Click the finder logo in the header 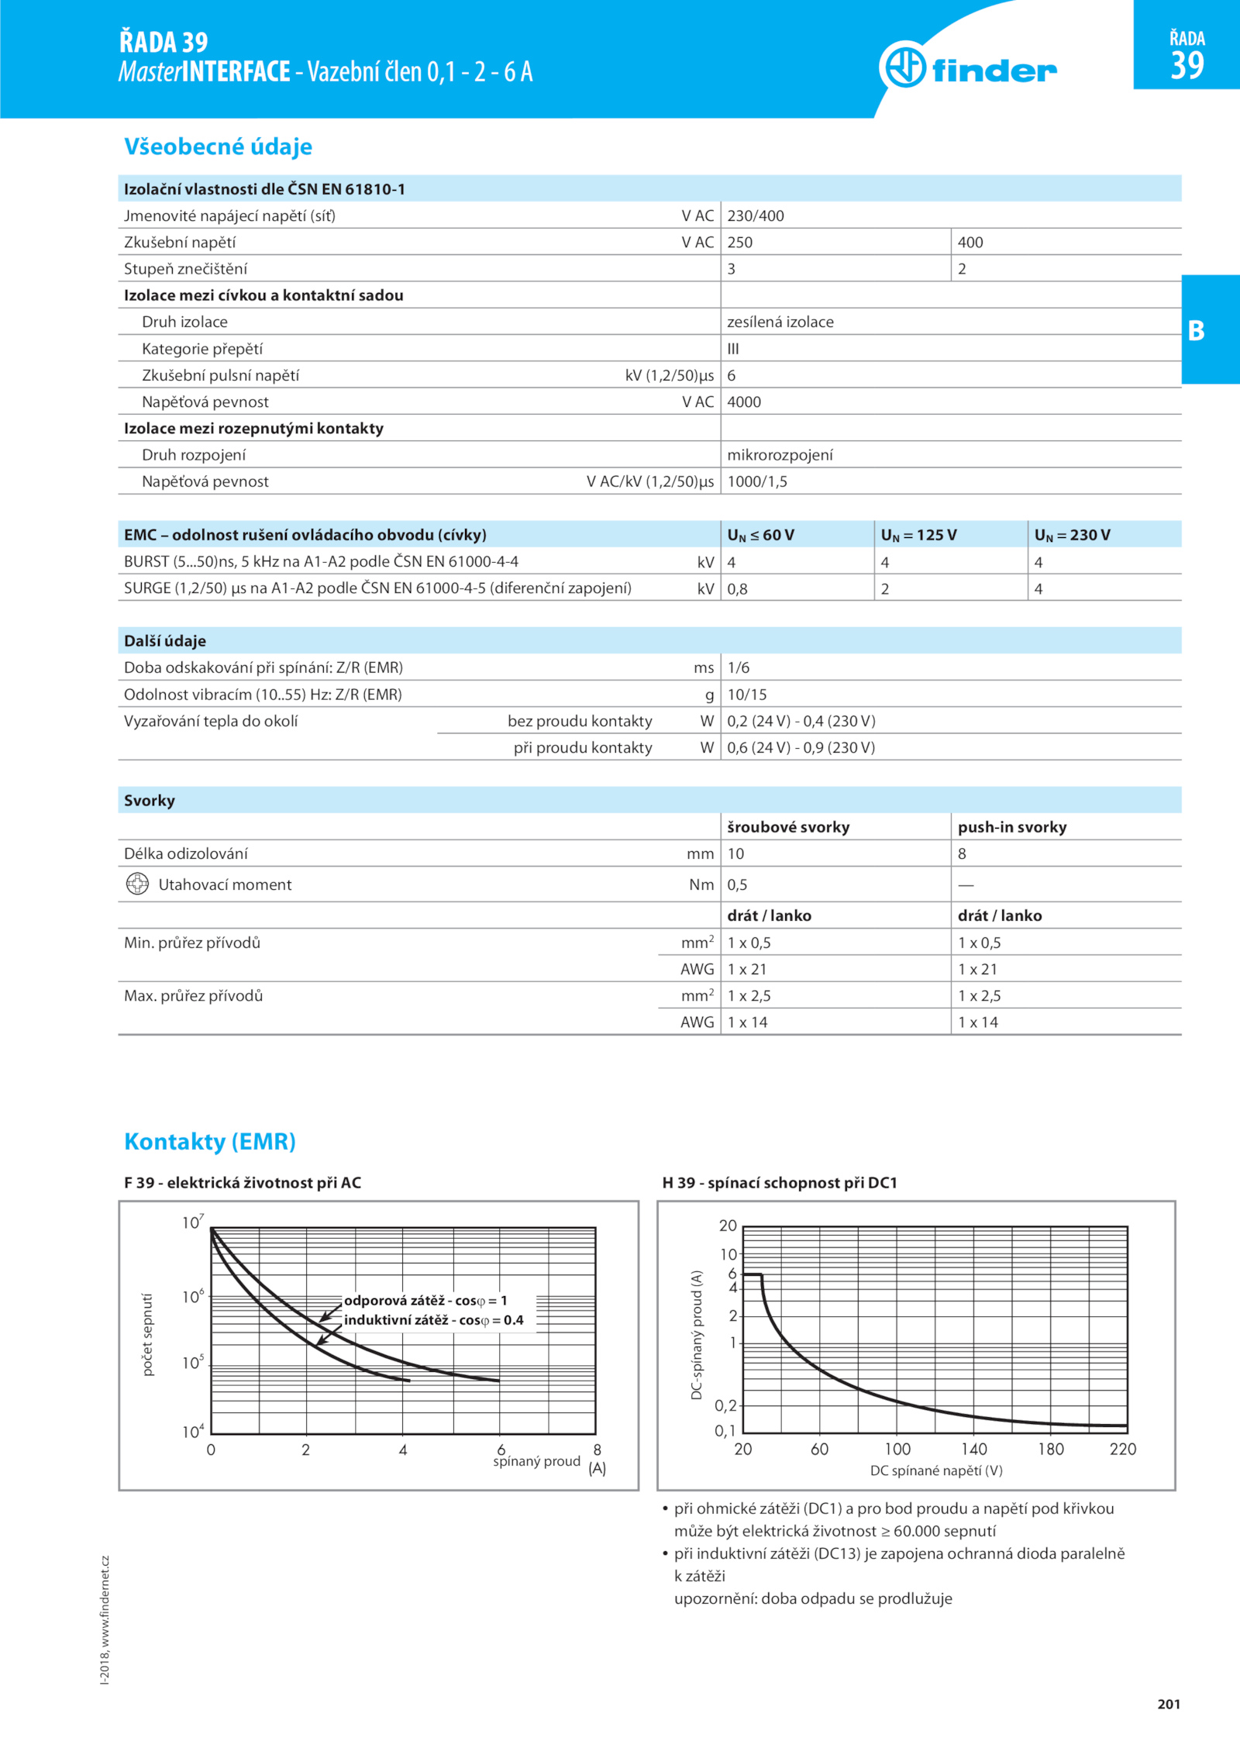point(969,68)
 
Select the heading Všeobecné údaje point(218,147)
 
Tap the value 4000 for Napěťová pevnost point(744,402)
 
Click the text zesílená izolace point(780,322)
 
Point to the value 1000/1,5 point(756,481)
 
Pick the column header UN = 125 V point(918,535)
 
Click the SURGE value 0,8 point(737,589)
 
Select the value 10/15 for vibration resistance point(746,695)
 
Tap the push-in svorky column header point(1011,827)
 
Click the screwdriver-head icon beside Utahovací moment point(137,884)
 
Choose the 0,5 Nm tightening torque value point(737,884)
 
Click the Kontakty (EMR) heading point(210,1141)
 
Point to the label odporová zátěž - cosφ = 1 point(425,1301)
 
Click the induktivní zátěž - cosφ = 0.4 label point(433,1320)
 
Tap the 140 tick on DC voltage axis point(973,1449)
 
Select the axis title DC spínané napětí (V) point(935,1471)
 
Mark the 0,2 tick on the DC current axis point(725,1405)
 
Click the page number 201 point(1168,1704)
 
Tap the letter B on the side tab point(1196,331)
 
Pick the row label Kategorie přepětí point(201,349)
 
